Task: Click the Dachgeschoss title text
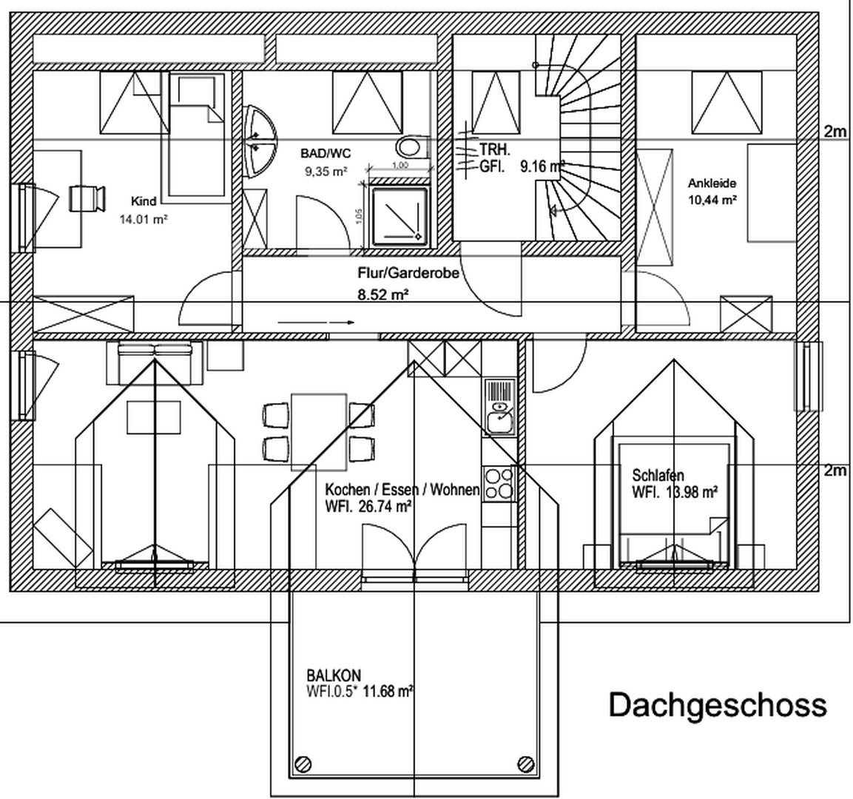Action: point(717,705)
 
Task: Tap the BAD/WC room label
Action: point(326,154)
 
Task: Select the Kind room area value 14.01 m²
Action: point(144,219)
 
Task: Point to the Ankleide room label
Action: point(712,183)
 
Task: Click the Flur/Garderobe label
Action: point(409,273)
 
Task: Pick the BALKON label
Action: point(334,675)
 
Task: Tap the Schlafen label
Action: point(658,475)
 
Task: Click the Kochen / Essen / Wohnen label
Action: point(402,490)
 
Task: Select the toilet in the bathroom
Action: point(411,146)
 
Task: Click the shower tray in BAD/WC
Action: point(399,215)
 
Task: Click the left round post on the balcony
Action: point(303,763)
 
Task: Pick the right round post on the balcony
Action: point(526,763)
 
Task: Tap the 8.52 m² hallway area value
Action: point(383,294)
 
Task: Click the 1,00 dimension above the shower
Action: point(399,165)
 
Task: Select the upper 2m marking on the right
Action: point(835,132)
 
